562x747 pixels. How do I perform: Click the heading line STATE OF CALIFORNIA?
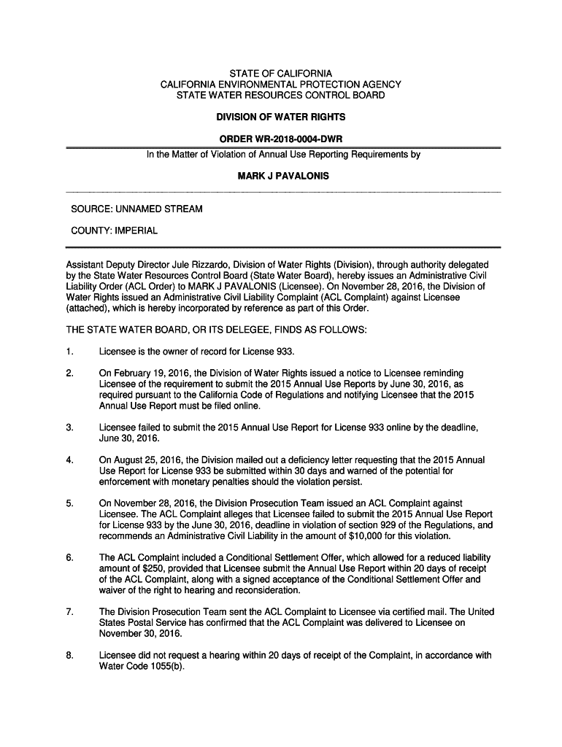tap(281, 74)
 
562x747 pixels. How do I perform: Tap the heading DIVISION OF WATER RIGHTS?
tap(281, 117)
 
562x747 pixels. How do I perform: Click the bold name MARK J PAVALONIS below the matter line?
tap(281, 176)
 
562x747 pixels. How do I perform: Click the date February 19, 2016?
tap(150, 374)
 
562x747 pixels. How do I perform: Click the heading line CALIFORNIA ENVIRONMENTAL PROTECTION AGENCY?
tap(281, 85)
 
